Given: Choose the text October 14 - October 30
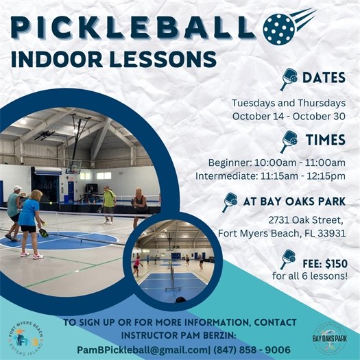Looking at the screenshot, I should tap(289, 116).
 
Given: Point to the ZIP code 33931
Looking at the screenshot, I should tap(330, 232).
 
